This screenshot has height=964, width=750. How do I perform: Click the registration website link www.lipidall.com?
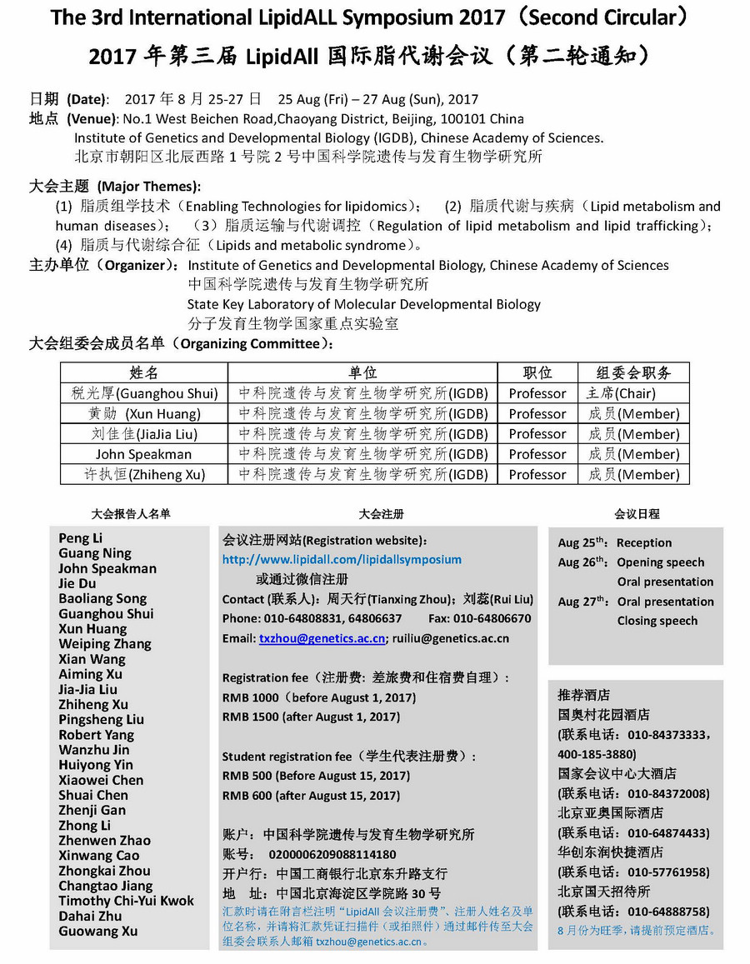click(342, 560)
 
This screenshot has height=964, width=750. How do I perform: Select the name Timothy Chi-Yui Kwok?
click(126, 901)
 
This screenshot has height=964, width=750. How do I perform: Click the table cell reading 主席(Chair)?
click(620, 393)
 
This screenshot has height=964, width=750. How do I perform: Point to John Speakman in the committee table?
click(143, 454)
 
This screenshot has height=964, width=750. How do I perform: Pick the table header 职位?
click(537, 372)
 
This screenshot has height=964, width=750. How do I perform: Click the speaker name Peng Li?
click(81, 538)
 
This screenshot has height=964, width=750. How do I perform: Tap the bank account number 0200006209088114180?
click(332, 855)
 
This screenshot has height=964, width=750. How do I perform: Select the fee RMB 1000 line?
click(318, 697)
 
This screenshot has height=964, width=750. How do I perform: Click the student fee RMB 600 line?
click(316, 796)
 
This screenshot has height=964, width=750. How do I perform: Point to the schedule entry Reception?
click(644, 542)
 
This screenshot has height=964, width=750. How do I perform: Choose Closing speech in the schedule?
click(657, 621)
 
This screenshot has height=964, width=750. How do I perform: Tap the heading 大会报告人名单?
click(131, 514)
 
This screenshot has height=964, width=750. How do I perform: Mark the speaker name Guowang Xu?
click(98, 931)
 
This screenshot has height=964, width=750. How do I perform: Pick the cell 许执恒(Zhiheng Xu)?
click(143, 474)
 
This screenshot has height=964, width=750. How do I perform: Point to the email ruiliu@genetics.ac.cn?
click(451, 639)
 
